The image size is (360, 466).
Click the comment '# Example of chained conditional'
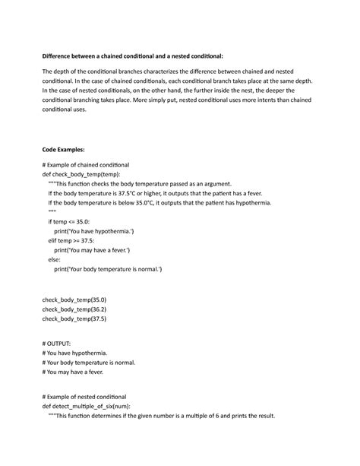[86, 165]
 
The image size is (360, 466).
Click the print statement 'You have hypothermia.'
[94, 231]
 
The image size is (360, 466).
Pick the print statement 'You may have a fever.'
[93, 250]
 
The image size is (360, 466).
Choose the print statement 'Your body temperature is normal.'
[108, 269]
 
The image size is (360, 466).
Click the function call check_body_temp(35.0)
[74, 301]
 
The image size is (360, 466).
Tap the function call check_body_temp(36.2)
[74, 310]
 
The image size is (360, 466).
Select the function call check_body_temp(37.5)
[74, 320]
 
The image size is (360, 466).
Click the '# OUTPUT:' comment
[57, 344]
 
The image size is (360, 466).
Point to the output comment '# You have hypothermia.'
[75, 354]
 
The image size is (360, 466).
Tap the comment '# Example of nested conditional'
[84, 398]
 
